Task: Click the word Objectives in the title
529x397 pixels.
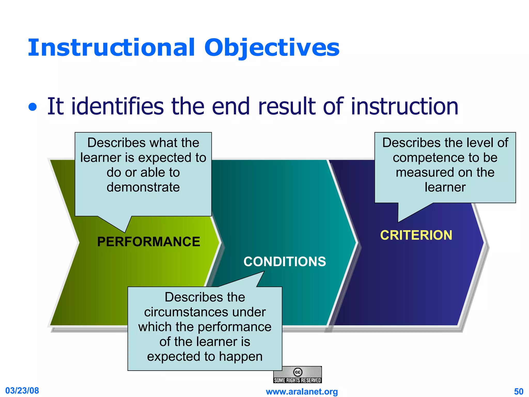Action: coord(272,48)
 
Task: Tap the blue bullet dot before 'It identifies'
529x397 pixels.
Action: coord(33,107)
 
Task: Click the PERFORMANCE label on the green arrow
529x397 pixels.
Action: coord(149,242)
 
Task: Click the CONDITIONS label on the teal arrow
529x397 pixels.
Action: coord(285,262)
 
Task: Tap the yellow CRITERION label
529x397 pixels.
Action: coord(416,235)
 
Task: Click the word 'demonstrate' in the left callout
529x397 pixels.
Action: coord(143,187)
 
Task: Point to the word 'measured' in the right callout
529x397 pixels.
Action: coord(418,172)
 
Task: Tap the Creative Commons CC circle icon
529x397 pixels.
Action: coord(298,372)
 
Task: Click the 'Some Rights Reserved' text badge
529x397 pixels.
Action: coord(297,380)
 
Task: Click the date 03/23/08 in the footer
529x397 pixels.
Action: coord(22,391)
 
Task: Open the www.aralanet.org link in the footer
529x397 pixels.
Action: coord(302,392)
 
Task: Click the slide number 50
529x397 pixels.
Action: coord(518,392)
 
